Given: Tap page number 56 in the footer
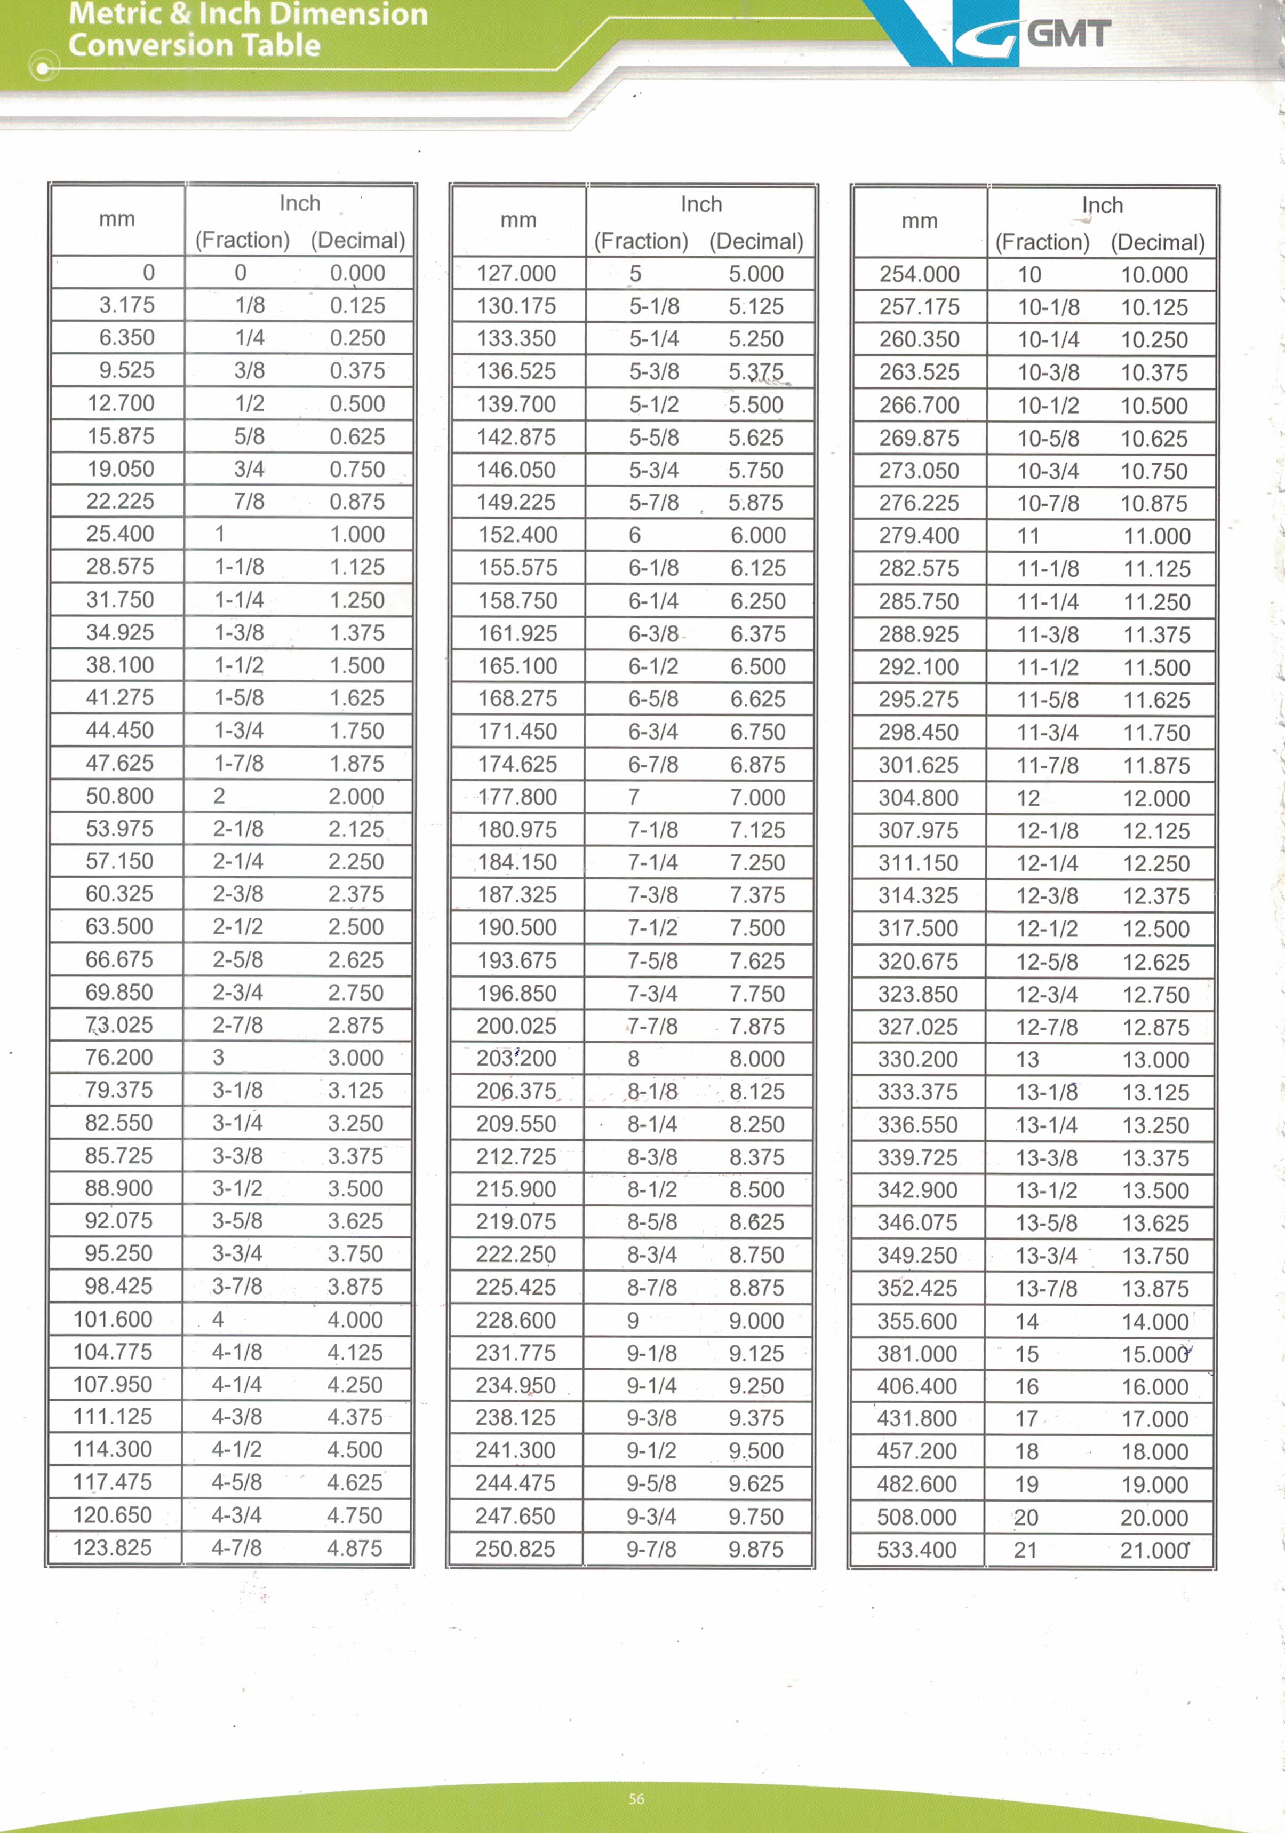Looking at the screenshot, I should pos(636,1798).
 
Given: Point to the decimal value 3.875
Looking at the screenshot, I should pos(355,1286).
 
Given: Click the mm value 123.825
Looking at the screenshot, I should pos(113,1547).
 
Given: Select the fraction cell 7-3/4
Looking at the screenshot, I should pos(652,993).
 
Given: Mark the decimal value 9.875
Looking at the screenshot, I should pos(755,1549).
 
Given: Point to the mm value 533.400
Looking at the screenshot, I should pos(917,1550).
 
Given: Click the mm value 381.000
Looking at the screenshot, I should pos(917,1353).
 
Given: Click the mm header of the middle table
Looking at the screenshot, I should pos(518,220).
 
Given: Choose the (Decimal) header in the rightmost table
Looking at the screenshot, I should pos(1157,242).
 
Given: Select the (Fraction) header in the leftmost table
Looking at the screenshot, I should pos(242,240).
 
